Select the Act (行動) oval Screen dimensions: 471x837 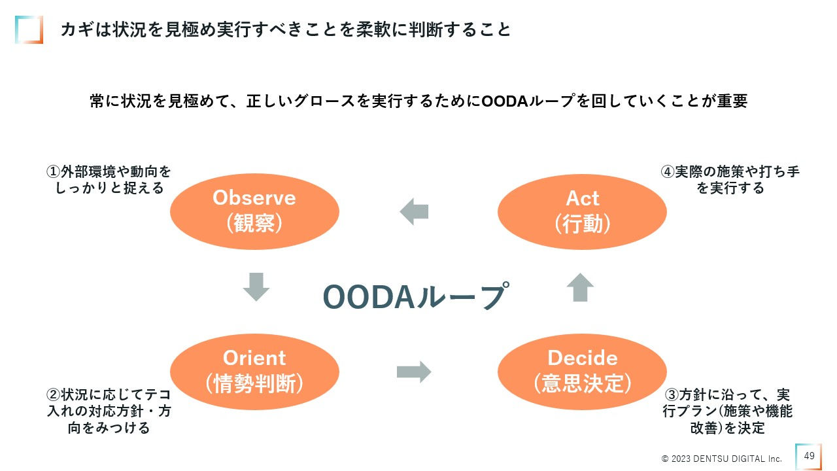582,211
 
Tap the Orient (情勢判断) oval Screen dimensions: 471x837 254,371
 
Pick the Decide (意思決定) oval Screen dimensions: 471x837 582,371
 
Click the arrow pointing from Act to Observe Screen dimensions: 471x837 414,212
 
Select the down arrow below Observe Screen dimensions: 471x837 256,287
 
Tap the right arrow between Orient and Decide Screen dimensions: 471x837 414,372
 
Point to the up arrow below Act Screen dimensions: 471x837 580,287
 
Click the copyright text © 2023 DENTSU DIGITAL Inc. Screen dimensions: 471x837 721,458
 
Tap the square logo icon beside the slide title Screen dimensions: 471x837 29,29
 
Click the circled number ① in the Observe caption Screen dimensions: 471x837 53,172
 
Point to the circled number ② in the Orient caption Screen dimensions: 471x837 53,396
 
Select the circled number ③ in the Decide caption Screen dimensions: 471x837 672,396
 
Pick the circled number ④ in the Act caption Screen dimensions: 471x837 667,172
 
